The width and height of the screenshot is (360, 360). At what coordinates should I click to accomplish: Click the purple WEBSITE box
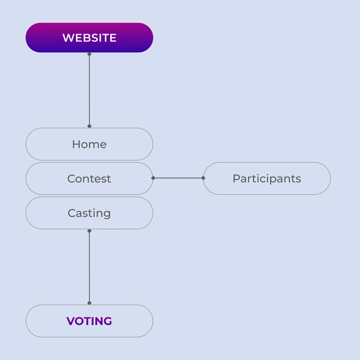[89, 37]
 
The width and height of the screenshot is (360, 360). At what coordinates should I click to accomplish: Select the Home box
[89, 144]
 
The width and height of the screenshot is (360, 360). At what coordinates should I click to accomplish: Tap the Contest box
[89, 178]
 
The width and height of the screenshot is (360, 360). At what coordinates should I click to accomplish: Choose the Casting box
[89, 213]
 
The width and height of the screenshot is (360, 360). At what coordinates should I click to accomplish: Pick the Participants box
[267, 178]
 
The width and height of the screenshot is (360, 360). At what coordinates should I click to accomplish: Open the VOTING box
[89, 321]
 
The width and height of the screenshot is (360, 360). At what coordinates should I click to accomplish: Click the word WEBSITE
[89, 38]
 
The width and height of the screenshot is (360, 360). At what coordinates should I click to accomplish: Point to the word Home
[89, 144]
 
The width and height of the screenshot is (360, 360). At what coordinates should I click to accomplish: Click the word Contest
[89, 179]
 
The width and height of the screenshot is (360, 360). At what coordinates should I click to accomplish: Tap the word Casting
[89, 213]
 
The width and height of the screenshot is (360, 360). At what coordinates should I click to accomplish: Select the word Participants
[267, 179]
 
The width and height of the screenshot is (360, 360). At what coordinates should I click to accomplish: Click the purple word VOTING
[89, 321]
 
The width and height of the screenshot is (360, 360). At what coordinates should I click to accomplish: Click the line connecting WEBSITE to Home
[89, 90]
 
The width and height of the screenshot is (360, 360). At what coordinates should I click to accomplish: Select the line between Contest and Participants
[178, 178]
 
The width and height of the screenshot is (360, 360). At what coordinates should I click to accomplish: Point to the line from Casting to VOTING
[89, 267]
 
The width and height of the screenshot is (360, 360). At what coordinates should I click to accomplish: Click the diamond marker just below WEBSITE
[89, 54]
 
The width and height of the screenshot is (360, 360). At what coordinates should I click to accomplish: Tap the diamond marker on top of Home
[89, 126]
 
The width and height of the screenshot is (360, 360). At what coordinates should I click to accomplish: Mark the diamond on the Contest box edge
[153, 178]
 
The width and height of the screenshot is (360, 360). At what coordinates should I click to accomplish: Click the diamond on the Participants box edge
[203, 178]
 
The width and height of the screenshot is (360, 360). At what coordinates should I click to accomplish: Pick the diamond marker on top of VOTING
[89, 303]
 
